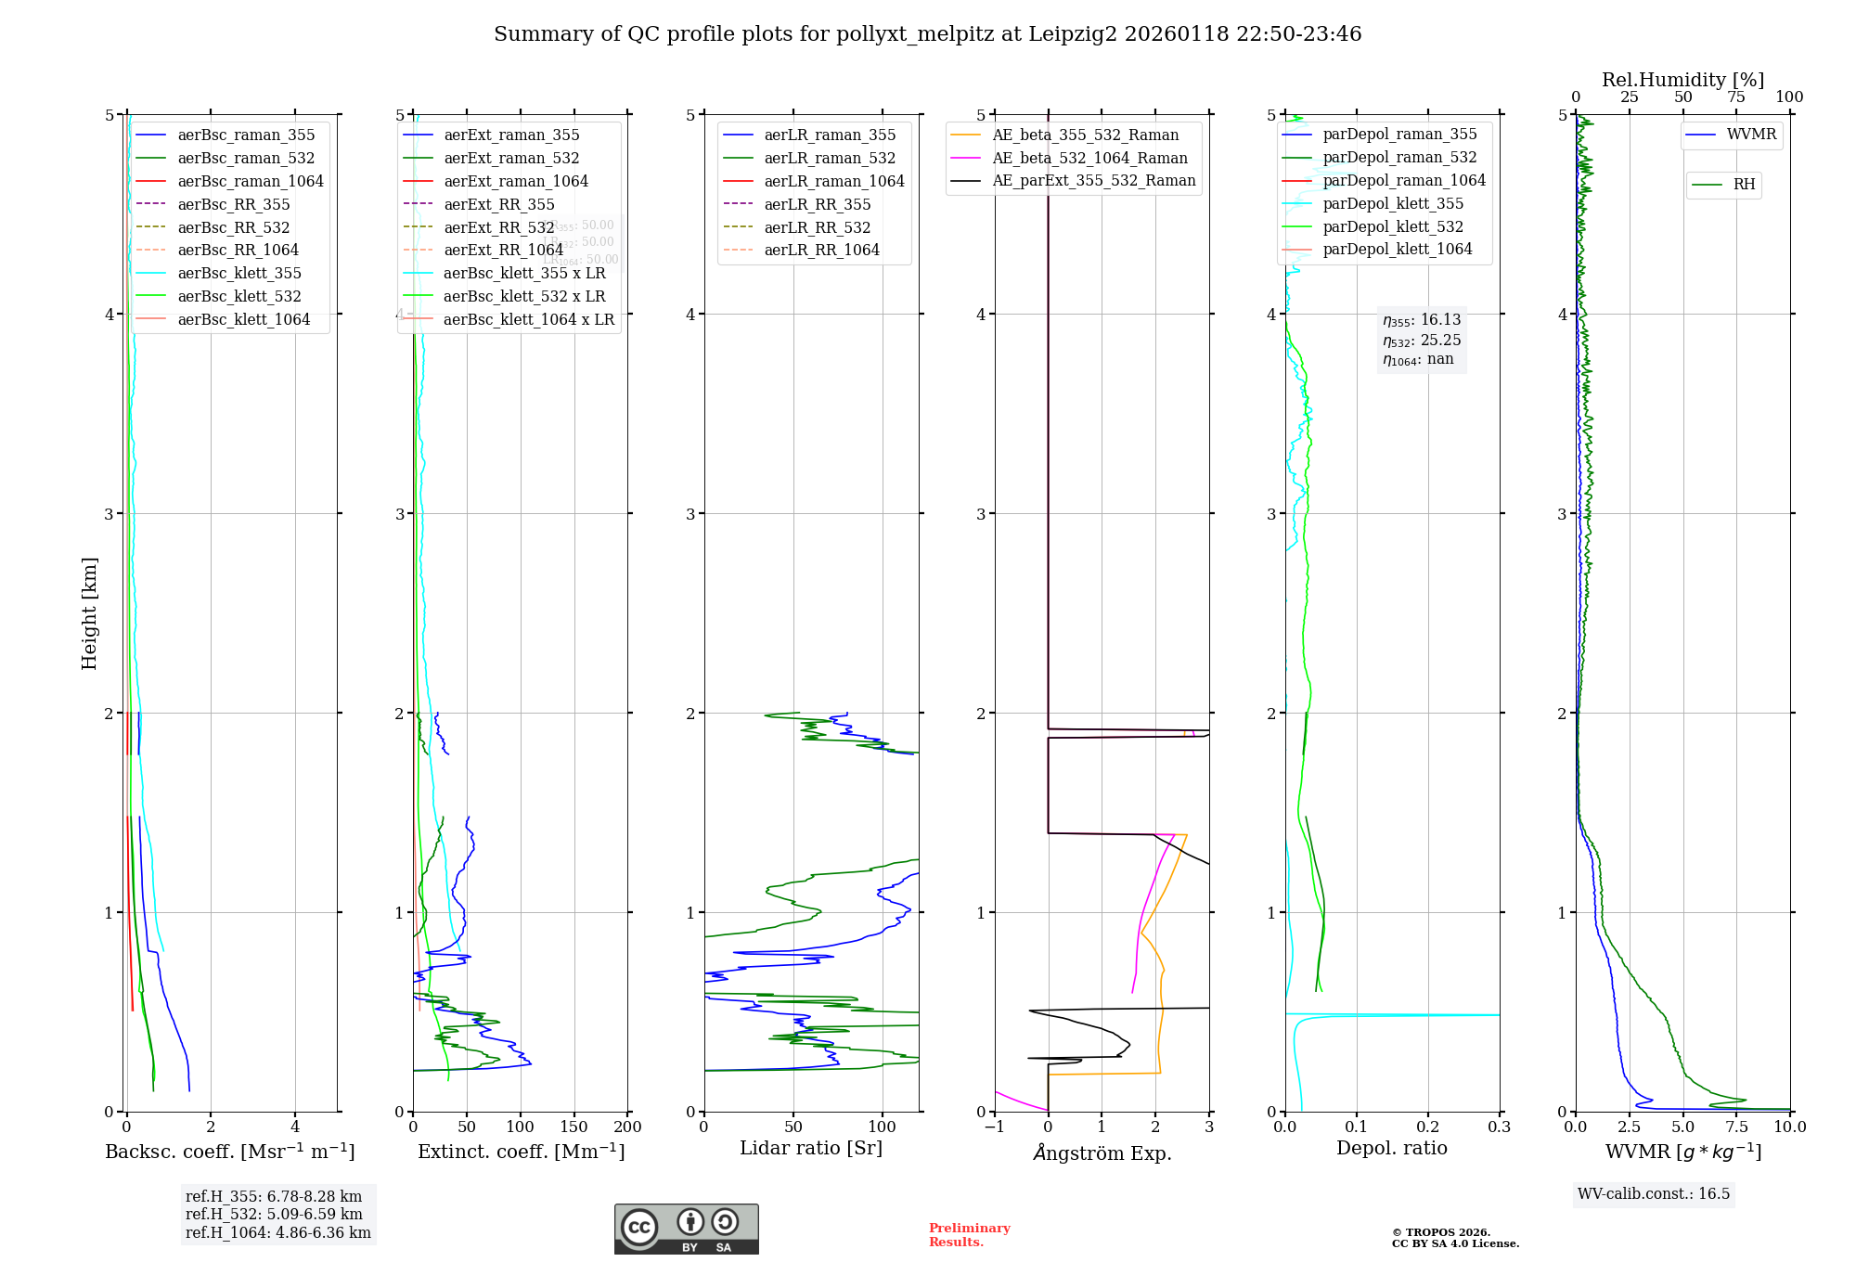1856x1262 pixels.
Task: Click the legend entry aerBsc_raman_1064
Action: pos(251,181)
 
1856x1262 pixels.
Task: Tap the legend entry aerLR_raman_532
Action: pos(830,158)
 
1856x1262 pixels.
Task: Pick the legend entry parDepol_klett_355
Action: pos(1392,203)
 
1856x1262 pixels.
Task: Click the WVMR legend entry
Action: pos(1751,135)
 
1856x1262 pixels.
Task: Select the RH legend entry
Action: pos(1744,185)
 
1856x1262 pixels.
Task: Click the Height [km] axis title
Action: pos(89,612)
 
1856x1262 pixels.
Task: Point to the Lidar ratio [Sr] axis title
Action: pos(810,1148)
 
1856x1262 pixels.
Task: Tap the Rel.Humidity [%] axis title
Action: pos(1682,80)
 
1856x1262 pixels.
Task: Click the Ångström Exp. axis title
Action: pos(1102,1153)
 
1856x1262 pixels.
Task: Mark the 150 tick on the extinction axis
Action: pos(574,1127)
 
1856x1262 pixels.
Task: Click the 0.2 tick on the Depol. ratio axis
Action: pos(1427,1127)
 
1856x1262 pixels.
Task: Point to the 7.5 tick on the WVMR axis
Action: pos(1736,1127)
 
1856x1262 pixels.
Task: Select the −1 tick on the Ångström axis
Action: pos(994,1127)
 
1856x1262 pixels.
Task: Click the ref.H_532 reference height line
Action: pos(274,1214)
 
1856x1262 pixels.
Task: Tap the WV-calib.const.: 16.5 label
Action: pos(1653,1193)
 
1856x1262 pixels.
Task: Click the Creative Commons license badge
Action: pos(686,1229)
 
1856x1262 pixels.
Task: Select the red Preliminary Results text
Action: pos(969,1234)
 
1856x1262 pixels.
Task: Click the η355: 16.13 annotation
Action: pos(1421,320)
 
